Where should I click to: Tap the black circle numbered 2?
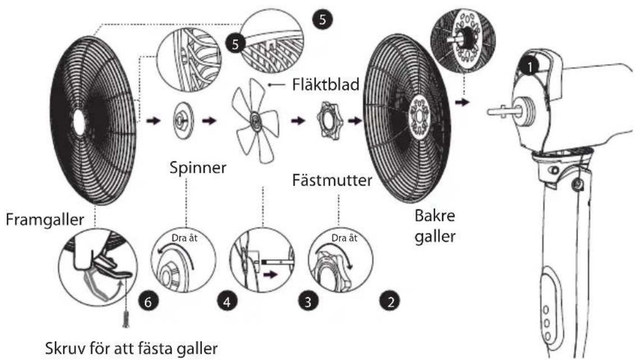pos(390,301)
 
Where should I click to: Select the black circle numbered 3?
pos(308,301)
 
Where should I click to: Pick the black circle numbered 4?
pos(227,301)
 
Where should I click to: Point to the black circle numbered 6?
pos(148,301)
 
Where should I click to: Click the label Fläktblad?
pos(326,84)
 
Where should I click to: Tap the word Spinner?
pos(197,168)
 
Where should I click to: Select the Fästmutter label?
pos(332,180)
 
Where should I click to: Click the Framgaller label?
pos(44,219)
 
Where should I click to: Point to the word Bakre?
pos(435,216)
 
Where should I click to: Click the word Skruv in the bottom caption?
pos(65,348)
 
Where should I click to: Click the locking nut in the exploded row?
pos(329,121)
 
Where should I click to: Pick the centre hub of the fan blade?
pos(255,120)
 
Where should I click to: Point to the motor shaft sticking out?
pos(500,111)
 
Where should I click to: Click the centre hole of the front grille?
pos(79,122)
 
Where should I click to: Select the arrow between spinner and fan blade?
pos(209,121)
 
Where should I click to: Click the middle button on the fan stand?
pos(547,323)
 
